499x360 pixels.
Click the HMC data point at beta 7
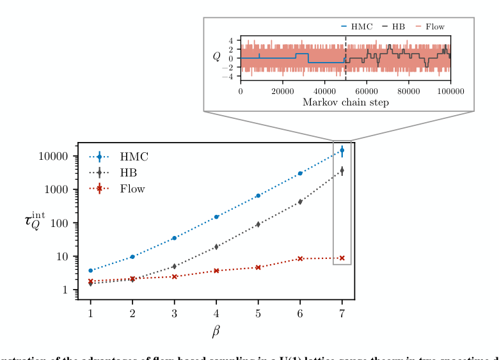pos(342,150)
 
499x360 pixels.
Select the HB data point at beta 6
pos(300,201)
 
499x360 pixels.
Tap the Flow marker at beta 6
pos(300,258)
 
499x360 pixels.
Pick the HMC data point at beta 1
pos(91,270)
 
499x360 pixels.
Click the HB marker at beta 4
pos(216,246)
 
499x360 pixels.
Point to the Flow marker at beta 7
pos(342,258)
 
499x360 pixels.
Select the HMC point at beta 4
pos(216,217)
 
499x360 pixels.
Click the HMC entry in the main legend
pos(134,157)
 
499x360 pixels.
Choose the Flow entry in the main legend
pos(132,189)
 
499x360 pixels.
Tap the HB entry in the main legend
pos(128,173)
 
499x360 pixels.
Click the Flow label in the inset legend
pos(435,27)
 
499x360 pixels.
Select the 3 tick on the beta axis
pos(175,313)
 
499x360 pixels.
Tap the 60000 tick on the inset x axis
pos(367,91)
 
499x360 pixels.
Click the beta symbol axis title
pos(216,332)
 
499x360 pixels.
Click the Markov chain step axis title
pos(345,102)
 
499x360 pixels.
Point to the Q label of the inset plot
pos(217,57)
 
